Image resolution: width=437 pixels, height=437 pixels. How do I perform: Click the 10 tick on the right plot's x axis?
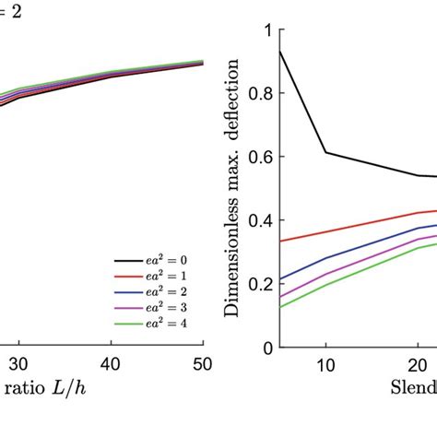tap(325, 362)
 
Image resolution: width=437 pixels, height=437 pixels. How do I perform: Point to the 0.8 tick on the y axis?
tap(259, 93)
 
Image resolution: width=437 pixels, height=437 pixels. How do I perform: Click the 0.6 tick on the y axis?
tap(259, 157)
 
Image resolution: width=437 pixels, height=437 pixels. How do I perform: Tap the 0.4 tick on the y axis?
tap(259, 220)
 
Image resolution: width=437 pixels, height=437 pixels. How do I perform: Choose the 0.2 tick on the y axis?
tap(259, 284)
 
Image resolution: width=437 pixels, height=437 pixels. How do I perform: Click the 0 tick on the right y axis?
tap(266, 348)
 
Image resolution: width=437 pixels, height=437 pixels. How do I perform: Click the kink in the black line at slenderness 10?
tap(325, 152)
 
